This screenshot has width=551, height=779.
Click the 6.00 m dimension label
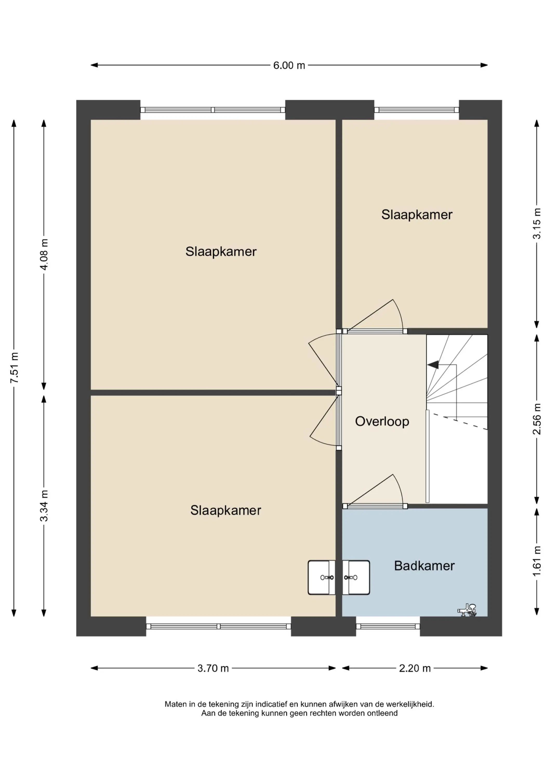click(x=289, y=65)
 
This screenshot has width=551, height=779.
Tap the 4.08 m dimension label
click(x=44, y=254)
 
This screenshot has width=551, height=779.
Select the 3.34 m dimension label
click(x=44, y=506)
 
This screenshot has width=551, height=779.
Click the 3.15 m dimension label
click(x=536, y=224)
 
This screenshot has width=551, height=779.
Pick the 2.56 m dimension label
click(x=536, y=419)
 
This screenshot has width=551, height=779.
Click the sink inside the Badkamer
click(x=356, y=577)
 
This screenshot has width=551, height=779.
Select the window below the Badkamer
click(x=388, y=626)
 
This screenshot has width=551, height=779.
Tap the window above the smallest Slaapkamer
click(x=416, y=110)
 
